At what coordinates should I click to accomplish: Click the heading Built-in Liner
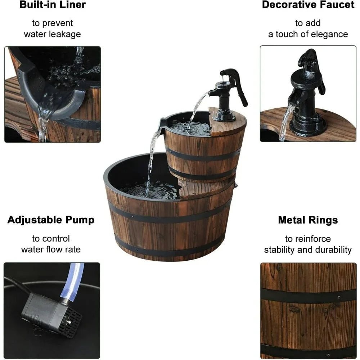53,5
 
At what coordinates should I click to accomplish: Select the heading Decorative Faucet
308,5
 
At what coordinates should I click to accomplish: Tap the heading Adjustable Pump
51,220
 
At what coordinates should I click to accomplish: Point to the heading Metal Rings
308,220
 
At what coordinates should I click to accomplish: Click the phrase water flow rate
51,249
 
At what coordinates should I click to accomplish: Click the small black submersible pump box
50,313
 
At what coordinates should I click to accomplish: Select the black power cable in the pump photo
18,283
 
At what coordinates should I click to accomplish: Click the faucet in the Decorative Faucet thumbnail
306,94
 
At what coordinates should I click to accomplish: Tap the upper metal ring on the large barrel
169,218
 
